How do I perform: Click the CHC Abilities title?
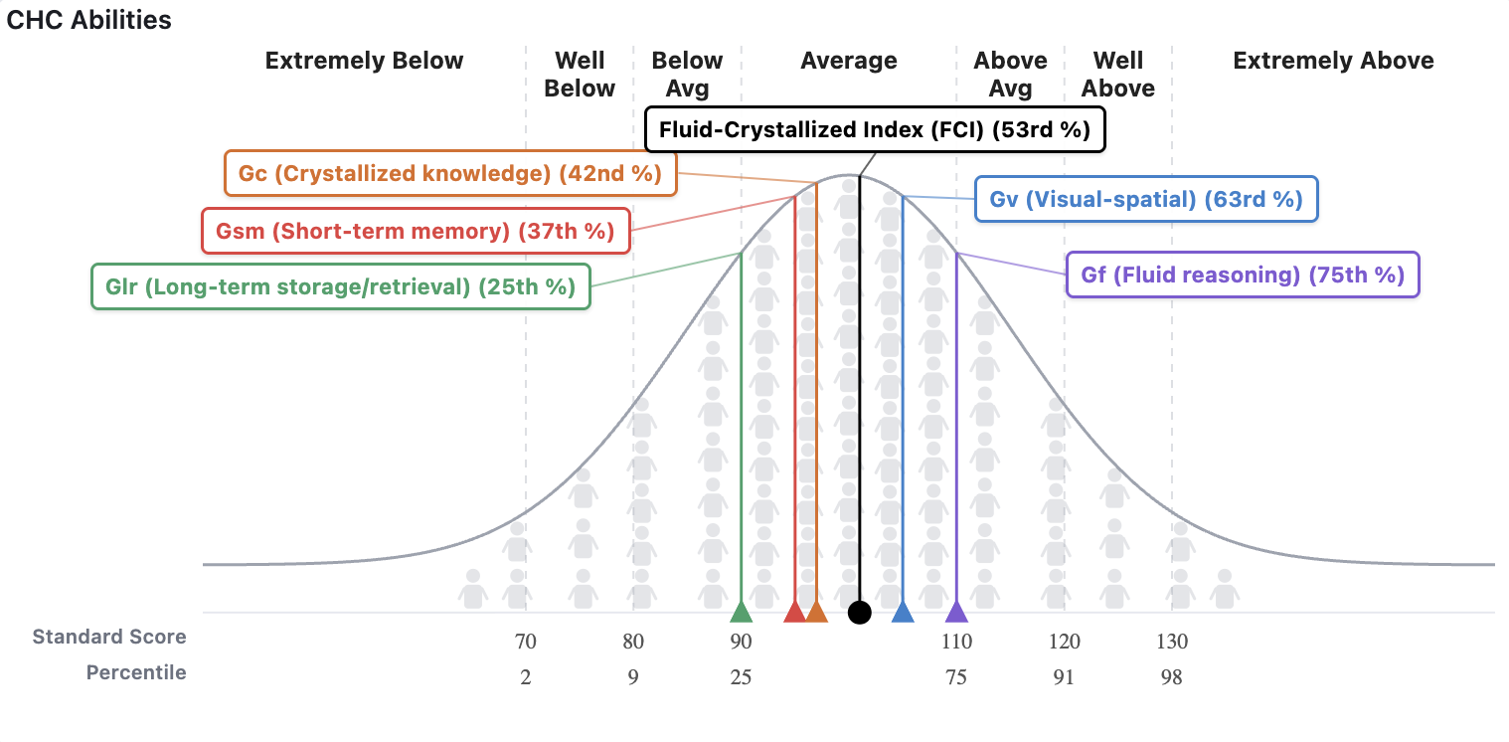coord(89,20)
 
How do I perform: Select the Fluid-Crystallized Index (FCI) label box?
coord(875,130)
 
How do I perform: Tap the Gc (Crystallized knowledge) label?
coord(450,173)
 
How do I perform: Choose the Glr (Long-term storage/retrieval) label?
coord(340,286)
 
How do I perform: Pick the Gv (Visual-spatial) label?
coord(1146,199)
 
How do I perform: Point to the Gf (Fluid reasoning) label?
coord(1243,275)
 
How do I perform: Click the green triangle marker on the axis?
coord(741,612)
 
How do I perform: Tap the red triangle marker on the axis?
coord(794,612)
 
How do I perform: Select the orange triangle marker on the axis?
coord(816,612)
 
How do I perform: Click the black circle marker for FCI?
coord(860,613)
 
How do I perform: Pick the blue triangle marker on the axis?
coord(903,612)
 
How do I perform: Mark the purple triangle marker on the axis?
coord(956,612)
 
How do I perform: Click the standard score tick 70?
coord(526,642)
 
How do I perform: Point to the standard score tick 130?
coord(1172,642)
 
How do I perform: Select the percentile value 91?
coord(1064,678)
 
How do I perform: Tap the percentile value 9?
coord(633,678)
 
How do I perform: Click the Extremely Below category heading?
coord(364,61)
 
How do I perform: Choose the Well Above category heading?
coord(1118,75)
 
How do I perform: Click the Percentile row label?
coord(136,672)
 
